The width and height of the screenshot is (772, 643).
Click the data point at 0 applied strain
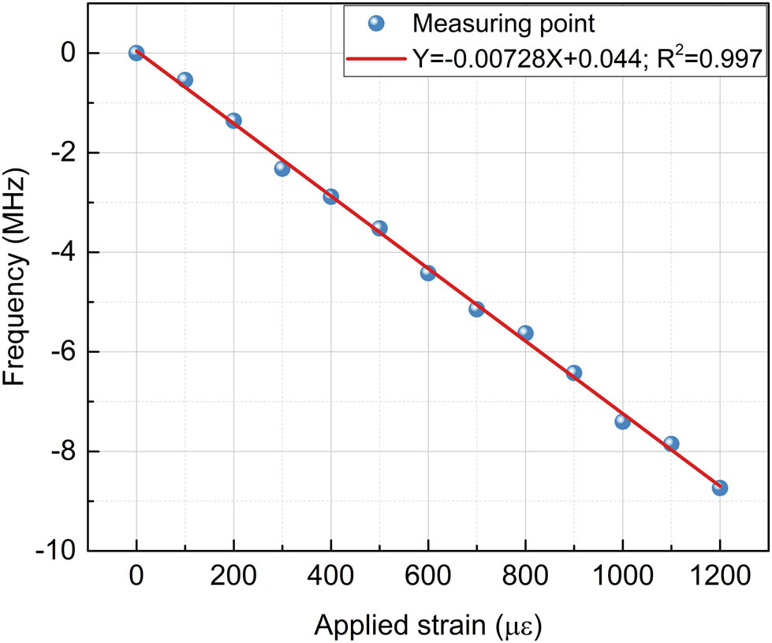[x=136, y=53]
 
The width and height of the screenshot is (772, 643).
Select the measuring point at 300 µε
[x=282, y=168]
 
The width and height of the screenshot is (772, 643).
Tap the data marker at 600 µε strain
[x=427, y=273]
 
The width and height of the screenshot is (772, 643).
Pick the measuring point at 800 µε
[x=525, y=333]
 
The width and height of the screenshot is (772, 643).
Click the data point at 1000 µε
[x=622, y=422]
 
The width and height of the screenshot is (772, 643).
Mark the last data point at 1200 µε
[x=719, y=488]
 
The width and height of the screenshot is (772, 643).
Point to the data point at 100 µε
[x=185, y=80]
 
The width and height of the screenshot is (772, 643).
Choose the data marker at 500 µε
[x=379, y=228]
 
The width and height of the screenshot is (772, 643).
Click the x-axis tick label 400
[x=330, y=578]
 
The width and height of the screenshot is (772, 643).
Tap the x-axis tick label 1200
[x=719, y=578]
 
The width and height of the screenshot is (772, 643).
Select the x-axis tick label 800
[x=525, y=578]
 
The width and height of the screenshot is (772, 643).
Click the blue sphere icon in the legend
[x=375, y=24]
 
